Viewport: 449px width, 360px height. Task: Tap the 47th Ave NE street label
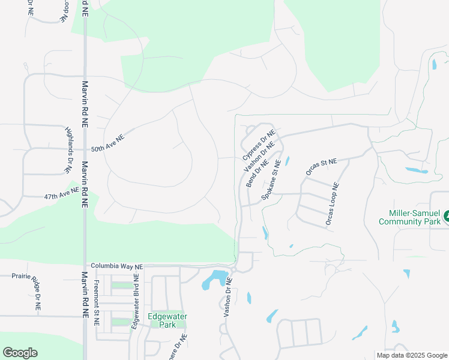(61, 194)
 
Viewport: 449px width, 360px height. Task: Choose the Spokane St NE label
(271, 180)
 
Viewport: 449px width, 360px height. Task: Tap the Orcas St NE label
(322, 166)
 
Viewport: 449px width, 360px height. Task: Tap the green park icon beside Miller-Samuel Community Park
(447, 217)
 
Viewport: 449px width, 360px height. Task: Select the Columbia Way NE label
(117, 266)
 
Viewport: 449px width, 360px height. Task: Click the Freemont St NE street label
(96, 303)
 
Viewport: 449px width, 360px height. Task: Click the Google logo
(20, 353)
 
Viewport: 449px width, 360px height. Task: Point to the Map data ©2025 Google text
(412, 355)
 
